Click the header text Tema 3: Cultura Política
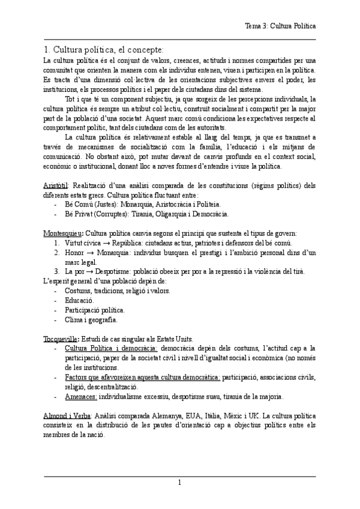281,26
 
